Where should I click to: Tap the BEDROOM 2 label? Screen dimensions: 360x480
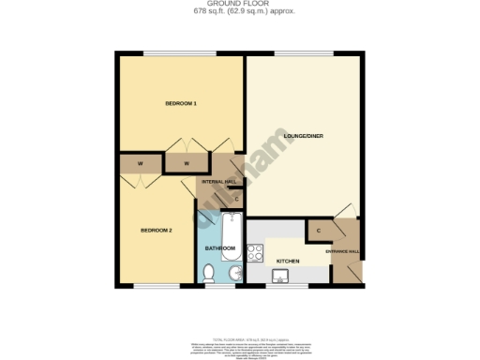coord(157,230)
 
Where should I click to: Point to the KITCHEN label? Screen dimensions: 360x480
coord(288,260)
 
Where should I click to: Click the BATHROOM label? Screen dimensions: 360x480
coord(219,248)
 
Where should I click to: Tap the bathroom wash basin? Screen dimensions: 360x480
coord(235,273)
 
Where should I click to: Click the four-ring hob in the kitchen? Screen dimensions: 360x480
coord(255,251)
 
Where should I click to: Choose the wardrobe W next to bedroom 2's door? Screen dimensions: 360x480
coord(140,163)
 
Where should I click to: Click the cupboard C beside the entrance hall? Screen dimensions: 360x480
coord(319,231)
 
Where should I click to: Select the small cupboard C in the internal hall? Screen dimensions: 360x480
coord(235,198)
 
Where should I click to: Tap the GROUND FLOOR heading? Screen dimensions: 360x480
coord(239,4)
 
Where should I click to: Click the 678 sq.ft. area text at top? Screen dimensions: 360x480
coord(239,11)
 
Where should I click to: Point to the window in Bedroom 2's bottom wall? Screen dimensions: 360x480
coord(155,285)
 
